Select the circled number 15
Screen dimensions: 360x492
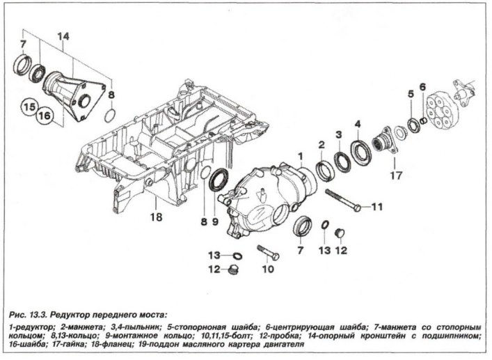[x=29, y=108]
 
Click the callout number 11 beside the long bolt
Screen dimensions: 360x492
[x=376, y=207]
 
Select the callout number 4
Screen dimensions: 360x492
[x=358, y=125]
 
